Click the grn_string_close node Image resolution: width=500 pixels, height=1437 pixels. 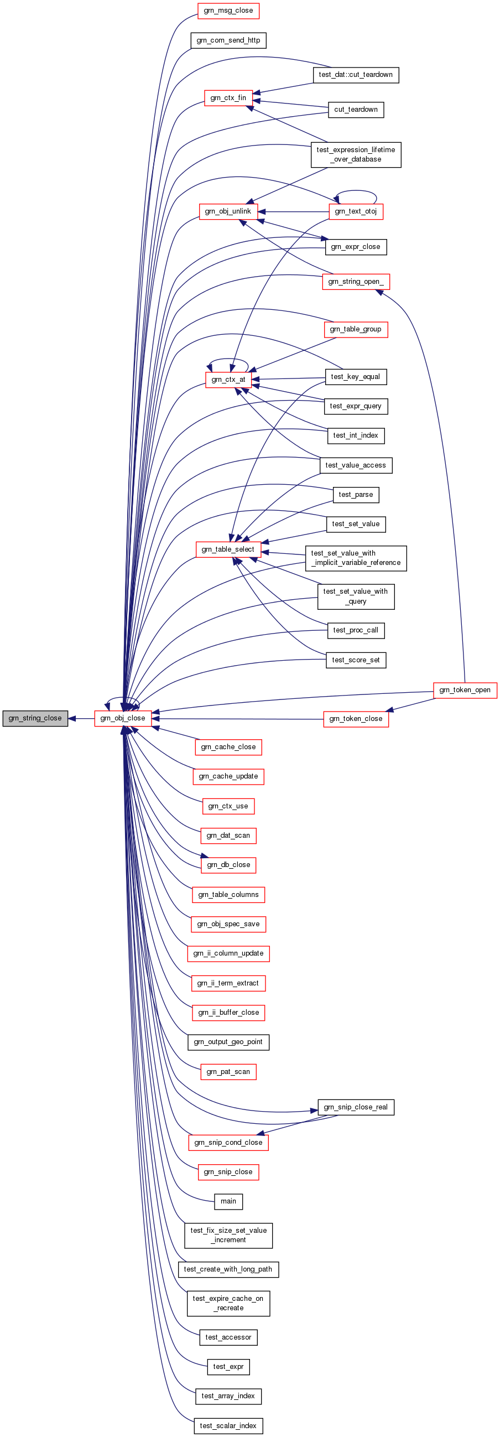click(x=35, y=718)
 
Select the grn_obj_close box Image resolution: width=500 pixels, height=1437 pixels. click(x=123, y=718)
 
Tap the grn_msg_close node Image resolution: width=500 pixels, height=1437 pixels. click(x=228, y=11)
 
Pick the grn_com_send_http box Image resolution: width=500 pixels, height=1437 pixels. click(x=228, y=40)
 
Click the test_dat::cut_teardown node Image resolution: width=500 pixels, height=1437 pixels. click(x=356, y=75)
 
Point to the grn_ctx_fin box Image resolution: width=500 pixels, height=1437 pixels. click(x=228, y=97)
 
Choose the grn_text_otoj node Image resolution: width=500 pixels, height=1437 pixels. click(x=356, y=211)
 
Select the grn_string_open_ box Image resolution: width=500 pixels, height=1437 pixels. click(x=356, y=282)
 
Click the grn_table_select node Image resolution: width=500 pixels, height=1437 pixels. click(x=228, y=549)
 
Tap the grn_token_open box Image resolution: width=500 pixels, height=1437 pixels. click(x=465, y=690)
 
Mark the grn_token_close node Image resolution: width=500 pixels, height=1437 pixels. click(x=356, y=719)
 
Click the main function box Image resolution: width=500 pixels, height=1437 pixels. click(x=228, y=1201)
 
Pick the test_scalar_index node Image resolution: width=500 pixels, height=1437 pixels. click(x=228, y=1425)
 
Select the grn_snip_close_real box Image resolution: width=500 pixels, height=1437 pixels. click(x=356, y=1107)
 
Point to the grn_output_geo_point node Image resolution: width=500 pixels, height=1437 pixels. click(x=228, y=1042)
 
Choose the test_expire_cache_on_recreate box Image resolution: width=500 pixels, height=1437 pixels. click(x=228, y=1303)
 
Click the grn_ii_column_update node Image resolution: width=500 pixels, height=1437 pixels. click(x=228, y=953)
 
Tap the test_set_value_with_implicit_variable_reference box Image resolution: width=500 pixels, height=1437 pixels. click(x=356, y=558)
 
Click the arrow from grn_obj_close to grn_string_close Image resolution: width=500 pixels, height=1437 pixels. click(x=81, y=718)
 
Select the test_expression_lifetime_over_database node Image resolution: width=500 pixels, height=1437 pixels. click(x=356, y=154)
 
